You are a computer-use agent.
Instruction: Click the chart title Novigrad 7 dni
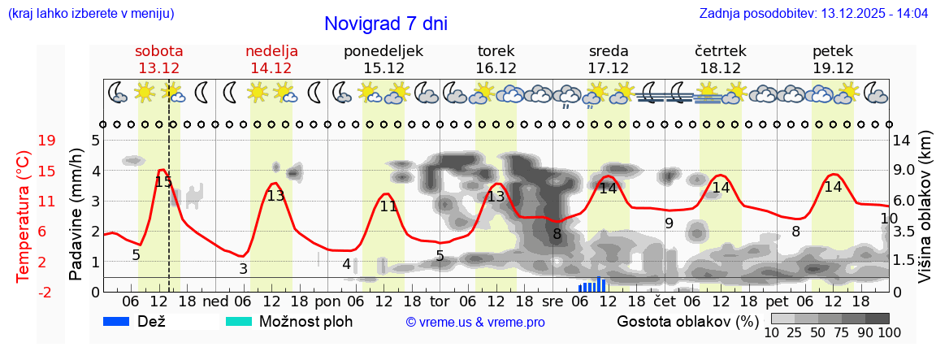coord(385,24)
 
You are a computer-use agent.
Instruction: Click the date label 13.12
coord(158,68)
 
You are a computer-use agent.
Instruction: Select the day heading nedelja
coord(271,51)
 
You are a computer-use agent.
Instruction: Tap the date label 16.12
coord(496,68)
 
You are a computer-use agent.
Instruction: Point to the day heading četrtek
coord(721,51)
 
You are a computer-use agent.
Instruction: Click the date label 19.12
coord(833,68)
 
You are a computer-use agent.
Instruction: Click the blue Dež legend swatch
coord(122,321)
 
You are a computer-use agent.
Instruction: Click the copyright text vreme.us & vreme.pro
coord(475,322)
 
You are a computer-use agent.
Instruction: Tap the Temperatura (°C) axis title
coord(24,216)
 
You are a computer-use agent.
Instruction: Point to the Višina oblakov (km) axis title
coord(925,215)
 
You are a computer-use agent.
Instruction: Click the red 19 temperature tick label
coord(47,141)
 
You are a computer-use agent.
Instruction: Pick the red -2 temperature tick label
coord(47,292)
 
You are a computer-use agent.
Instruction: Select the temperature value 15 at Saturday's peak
coord(163,182)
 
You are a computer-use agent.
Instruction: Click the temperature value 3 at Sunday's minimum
coord(243,268)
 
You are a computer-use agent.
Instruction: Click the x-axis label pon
coord(327,301)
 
